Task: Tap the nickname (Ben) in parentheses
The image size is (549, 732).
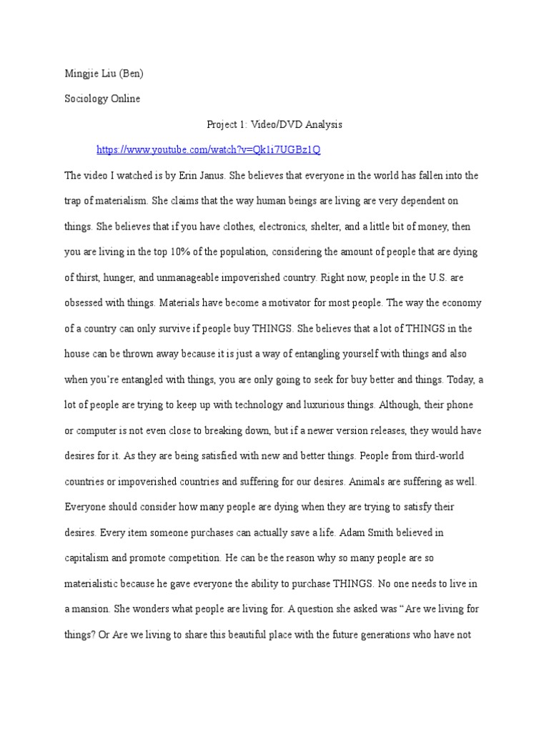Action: coord(138,73)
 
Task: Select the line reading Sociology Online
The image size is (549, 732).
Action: coord(102,99)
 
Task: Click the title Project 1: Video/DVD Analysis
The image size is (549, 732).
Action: coord(274,124)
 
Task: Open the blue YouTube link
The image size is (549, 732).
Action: coord(209,150)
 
